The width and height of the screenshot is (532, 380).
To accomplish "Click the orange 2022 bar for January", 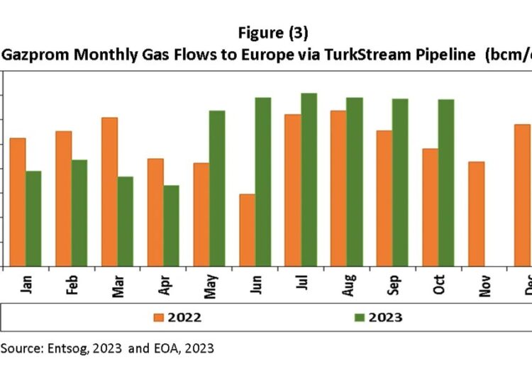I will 18,202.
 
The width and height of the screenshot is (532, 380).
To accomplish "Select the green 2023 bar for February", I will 79,213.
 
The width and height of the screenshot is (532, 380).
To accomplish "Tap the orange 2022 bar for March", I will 109,191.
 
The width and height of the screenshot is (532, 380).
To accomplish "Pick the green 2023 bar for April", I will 171,225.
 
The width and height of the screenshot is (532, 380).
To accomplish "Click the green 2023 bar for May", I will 216,189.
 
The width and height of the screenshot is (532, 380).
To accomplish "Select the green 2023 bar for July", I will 309,180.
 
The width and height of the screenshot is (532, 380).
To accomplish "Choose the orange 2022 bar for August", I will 338,189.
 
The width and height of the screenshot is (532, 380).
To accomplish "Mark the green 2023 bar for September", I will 400,182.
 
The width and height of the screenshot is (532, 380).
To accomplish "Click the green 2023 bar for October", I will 446,183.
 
